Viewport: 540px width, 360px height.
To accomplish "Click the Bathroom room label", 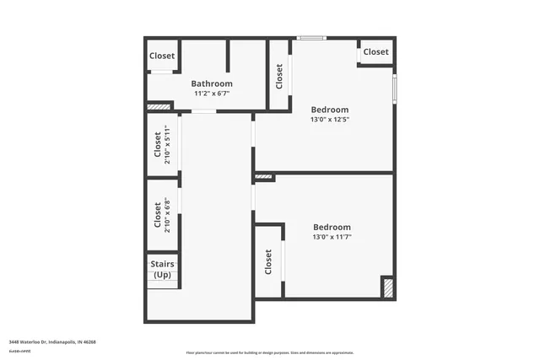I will (x=212, y=83).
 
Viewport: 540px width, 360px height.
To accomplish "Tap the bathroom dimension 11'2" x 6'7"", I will (x=212, y=94).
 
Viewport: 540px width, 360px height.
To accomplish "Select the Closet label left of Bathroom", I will (x=162, y=56).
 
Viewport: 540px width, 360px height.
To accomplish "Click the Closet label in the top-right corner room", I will (x=376, y=52).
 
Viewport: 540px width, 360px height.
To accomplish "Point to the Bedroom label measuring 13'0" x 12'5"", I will (x=330, y=110).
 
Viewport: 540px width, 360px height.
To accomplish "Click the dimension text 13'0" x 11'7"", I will (x=332, y=238).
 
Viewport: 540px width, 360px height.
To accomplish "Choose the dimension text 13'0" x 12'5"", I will (x=330, y=120).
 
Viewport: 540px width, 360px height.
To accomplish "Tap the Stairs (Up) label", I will (x=162, y=270).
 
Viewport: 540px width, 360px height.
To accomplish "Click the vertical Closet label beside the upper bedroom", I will (x=279, y=77).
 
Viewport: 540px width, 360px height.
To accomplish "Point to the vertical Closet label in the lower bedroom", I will (x=268, y=262).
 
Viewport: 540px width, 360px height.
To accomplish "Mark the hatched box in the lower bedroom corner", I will (x=387, y=287).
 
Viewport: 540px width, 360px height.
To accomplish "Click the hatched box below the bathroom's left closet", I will (x=158, y=106).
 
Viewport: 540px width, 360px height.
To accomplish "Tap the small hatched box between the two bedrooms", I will (x=264, y=177).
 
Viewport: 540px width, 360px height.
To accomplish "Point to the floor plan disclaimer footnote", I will (x=270, y=352).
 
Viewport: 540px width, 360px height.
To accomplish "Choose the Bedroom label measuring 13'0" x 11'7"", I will (x=332, y=227).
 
